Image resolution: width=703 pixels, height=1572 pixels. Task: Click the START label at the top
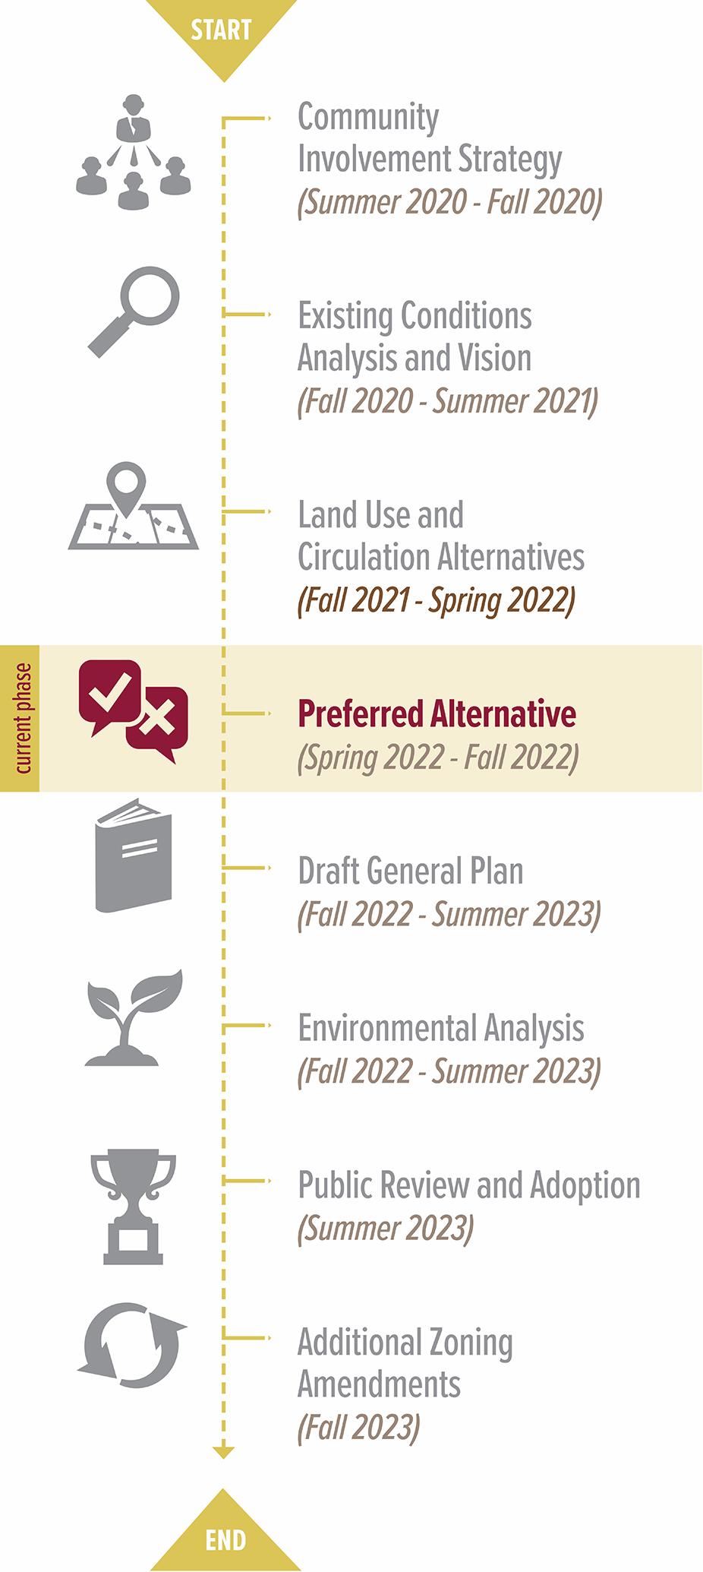tap(221, 30)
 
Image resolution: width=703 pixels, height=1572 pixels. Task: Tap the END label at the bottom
tap(225, 1540)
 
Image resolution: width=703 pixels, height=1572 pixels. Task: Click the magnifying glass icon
tap(134, 312)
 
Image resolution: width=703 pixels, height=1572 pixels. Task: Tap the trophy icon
tap(134, 1206)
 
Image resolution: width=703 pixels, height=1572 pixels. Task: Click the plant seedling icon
tap(134, 1017)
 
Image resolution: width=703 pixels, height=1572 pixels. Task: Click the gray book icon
tap(134, 855)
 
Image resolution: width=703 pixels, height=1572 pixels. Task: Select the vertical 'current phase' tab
tap(20, 719)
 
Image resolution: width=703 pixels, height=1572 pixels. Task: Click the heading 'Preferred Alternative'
tap(437, 714)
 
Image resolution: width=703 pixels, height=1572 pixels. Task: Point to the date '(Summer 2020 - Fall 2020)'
tap(450, 202)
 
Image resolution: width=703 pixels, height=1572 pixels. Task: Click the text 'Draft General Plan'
tap(411, 871)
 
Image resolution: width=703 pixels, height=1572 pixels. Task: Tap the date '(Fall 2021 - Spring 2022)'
tap(437, 600)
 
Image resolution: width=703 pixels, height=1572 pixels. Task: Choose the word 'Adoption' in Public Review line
tap(585, 1185)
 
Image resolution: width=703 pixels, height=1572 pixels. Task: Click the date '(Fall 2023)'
tap(358, 1427)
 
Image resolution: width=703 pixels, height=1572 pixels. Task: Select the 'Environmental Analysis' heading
tap(441, 1028)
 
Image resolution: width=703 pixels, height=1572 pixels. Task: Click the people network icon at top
tap(134, 152)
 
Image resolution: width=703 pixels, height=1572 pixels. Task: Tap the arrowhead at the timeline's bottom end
tap(223, 1452)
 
